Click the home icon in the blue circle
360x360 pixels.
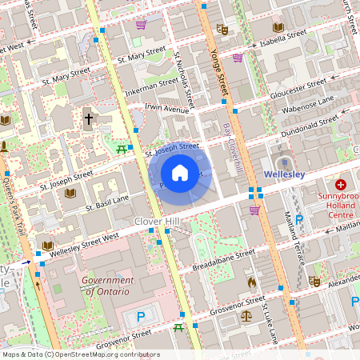tap(180, 173)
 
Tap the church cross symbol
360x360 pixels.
tap(88, 120)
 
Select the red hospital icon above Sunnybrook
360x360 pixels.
tap(340, 184)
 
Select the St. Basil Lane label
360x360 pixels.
tap(107, 202)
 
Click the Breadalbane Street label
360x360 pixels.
tap(224, 258)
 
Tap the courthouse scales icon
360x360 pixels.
tap(245, 315)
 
